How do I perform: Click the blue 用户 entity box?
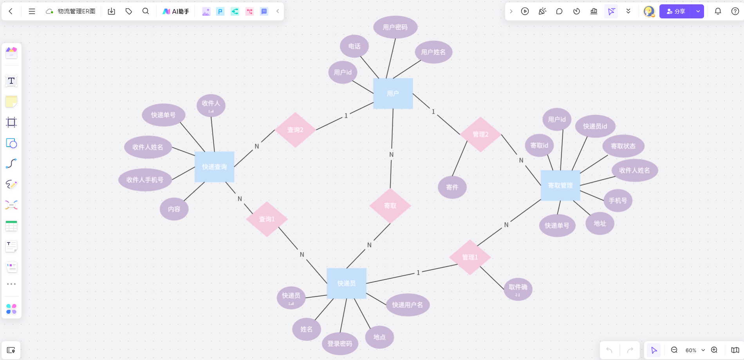click(x=393, y=93)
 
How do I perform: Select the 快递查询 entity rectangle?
click(x=214, y=167)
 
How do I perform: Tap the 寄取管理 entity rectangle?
click(x=560, y=185)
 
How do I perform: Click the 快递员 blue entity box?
click(x=347, y=283)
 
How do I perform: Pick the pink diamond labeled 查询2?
click(x=295, y=130)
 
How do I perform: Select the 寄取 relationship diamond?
click(x=390, y=206)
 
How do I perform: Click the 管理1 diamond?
click(x=470, y=257)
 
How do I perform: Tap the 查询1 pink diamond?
click(x=267, y=219)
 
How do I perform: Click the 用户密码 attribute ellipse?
click(x=395, y=27)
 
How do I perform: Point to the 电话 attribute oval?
click(x=354, y=46)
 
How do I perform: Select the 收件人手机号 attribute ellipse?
click(x=145, y=180)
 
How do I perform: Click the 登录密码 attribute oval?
click(x=340, y=344)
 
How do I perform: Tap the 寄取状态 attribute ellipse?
click(x=623, y=146)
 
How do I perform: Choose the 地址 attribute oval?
click(x=600, y=223)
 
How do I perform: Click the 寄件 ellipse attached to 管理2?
click(x=452, y=187)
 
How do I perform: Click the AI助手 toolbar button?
click(x=176, y=11)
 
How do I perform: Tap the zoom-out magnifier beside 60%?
click(x=674, y=350)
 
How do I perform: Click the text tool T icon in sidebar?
click(x=11, y=81)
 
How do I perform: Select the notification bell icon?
click(x=718, y=11)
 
